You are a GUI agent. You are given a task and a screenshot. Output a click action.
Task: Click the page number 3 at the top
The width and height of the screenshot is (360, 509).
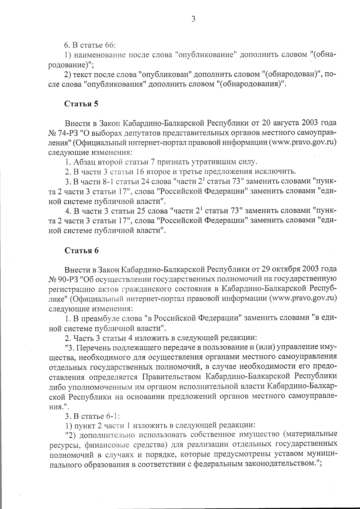pos(193,20)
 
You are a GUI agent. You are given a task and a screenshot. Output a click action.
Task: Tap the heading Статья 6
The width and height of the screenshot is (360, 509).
pos(82,251)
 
